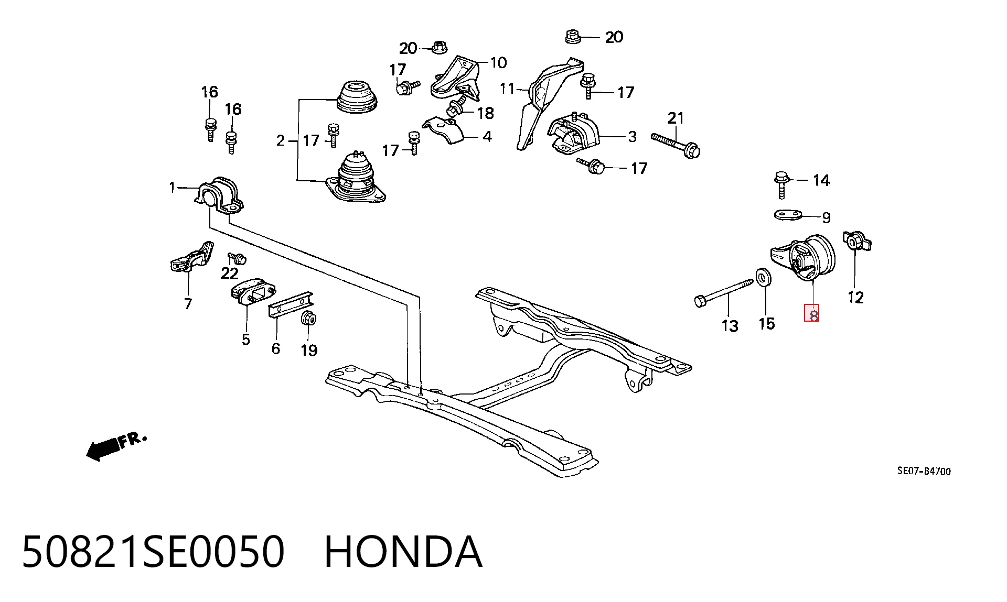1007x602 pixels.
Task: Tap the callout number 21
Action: coord(676,118)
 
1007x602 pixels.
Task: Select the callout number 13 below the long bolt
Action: coord(730,326)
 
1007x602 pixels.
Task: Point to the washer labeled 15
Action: coord(763,277)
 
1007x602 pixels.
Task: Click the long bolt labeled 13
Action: coord(723,291)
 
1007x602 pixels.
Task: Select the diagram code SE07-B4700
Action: coord(924,471)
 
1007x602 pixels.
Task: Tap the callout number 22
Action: coord(230,273)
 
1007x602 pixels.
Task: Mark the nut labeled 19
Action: coord(310,318)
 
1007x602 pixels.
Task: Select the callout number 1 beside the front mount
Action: coord(172,187)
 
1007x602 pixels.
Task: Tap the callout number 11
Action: coord(507,89)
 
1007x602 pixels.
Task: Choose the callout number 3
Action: coord(632,137)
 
